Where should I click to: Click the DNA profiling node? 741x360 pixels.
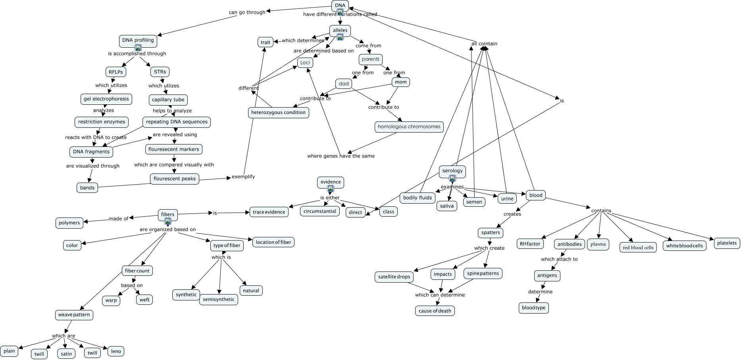[x=138, y=40]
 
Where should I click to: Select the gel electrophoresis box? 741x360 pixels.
[x=106, y=99]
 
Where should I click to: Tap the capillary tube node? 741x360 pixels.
[x=168, y=100]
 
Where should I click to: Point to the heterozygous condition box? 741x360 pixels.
[x=278, y=112]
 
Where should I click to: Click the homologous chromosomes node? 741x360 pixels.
[x=409, y=127]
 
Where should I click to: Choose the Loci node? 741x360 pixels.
[x=305, y=62]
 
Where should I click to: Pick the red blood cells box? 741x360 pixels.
[x=638, y=247]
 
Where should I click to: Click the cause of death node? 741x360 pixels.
[x=435, y=311]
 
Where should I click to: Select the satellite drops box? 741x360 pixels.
[x=394, y=277]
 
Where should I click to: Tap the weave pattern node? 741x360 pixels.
[x=74, y=315]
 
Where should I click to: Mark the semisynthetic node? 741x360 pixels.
[x=219, y=299]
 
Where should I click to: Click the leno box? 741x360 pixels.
[x=116, y=351]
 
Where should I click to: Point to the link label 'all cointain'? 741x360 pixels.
[x=484, y=44]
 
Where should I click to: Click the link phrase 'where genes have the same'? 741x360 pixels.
[x=341, y=156]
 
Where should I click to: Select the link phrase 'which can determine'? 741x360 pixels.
[x=440, y=295]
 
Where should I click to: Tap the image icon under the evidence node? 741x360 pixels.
[x=331, y=189]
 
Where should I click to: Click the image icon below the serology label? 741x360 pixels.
[x=452, y=178]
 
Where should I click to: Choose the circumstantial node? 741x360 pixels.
[x=319, y=211]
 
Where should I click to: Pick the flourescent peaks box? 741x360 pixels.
[x=175, y=179]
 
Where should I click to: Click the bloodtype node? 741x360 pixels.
[x=533, y=308]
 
